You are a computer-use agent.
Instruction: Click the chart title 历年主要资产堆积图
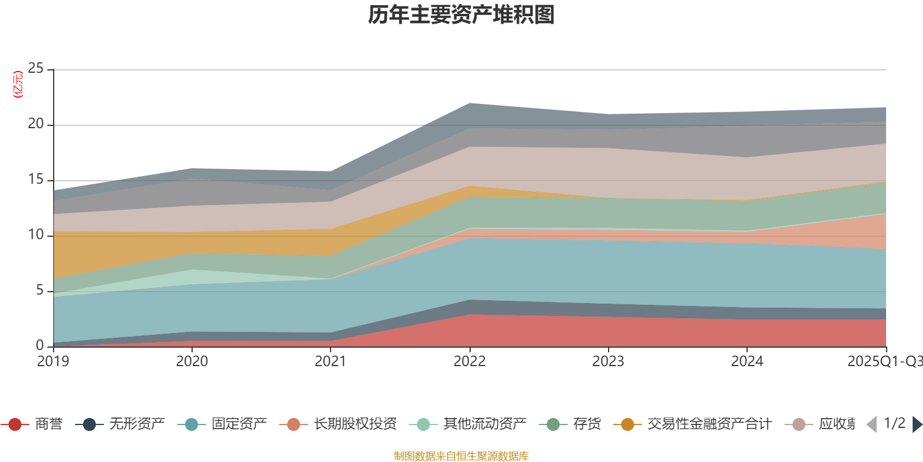pos(461,15)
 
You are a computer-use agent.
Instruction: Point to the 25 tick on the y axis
pos(36,69)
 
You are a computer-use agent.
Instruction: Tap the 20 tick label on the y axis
pos(36,124)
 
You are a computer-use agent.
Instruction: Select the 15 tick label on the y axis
pos(36,180)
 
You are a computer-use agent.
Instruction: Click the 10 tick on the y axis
pos(36,235)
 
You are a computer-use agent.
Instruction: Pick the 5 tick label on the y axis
pos(39,290)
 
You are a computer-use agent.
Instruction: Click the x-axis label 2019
pos(53,362)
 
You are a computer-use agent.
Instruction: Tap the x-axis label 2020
pos(192,362)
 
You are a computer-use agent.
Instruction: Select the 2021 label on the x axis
pos(331,362)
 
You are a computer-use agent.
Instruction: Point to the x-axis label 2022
pos(470,362)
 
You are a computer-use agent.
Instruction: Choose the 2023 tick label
pos(608,362)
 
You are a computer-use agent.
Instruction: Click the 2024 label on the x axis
pos(747,362)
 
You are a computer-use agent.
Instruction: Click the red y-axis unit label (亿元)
pos(18,84)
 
